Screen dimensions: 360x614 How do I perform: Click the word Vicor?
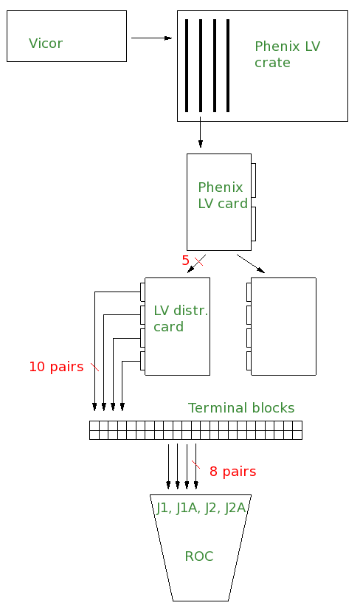tap(46, 43)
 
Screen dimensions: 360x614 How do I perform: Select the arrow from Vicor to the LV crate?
tap(151, 38)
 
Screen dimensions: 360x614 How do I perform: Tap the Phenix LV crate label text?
tap(288, 54)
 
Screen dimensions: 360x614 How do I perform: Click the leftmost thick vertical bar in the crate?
tap(187, 66)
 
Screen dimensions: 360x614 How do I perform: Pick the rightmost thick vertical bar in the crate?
tap(228, 66)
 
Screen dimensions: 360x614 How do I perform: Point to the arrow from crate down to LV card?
tap(201, 132)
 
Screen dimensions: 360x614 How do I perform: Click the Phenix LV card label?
tap(223, 195)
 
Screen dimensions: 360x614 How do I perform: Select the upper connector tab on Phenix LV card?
tap(253, 180)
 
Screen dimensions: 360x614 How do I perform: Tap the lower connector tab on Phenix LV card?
tap(253, 224)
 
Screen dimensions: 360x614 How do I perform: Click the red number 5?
tap(185, 261)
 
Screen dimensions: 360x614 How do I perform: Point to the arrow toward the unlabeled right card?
tap(251, 263)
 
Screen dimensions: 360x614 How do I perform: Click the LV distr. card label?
tap(181, 318)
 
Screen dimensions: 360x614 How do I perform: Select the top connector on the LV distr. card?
tap(142, 292)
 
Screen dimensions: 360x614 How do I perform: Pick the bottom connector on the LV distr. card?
tap(142, 361)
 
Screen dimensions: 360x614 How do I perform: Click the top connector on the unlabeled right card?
tap(249, 292)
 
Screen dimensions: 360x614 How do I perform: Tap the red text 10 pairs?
tap(56, 367)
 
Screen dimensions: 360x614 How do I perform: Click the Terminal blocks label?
tap(241, 408)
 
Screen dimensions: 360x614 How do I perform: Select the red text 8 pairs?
tap(233, 472)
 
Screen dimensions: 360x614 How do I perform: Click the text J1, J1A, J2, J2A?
tap(201, 508)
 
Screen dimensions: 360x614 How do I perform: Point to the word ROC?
tap(199, 556)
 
